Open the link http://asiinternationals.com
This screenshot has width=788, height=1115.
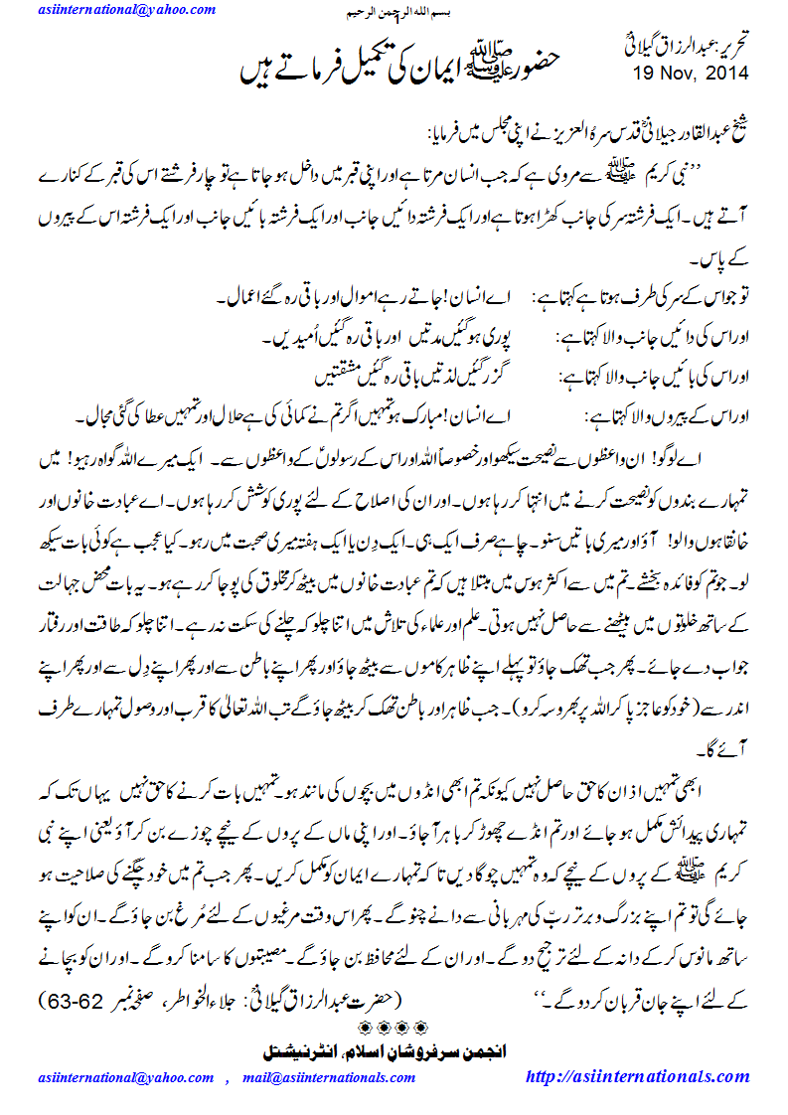point(635,1076)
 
